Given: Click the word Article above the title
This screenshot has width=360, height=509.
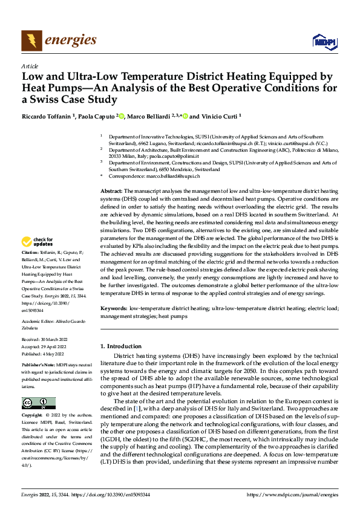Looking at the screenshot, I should pyautogui.click(x=30, y=66).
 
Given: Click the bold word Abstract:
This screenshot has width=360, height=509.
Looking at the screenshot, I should pyautogui.click(x=113, y=190).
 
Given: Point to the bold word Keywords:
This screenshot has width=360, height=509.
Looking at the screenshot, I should pyautogui.click(x=114, y=308).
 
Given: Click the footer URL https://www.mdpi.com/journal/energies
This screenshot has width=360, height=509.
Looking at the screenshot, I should pyautogui.click(x=293, y=495).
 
